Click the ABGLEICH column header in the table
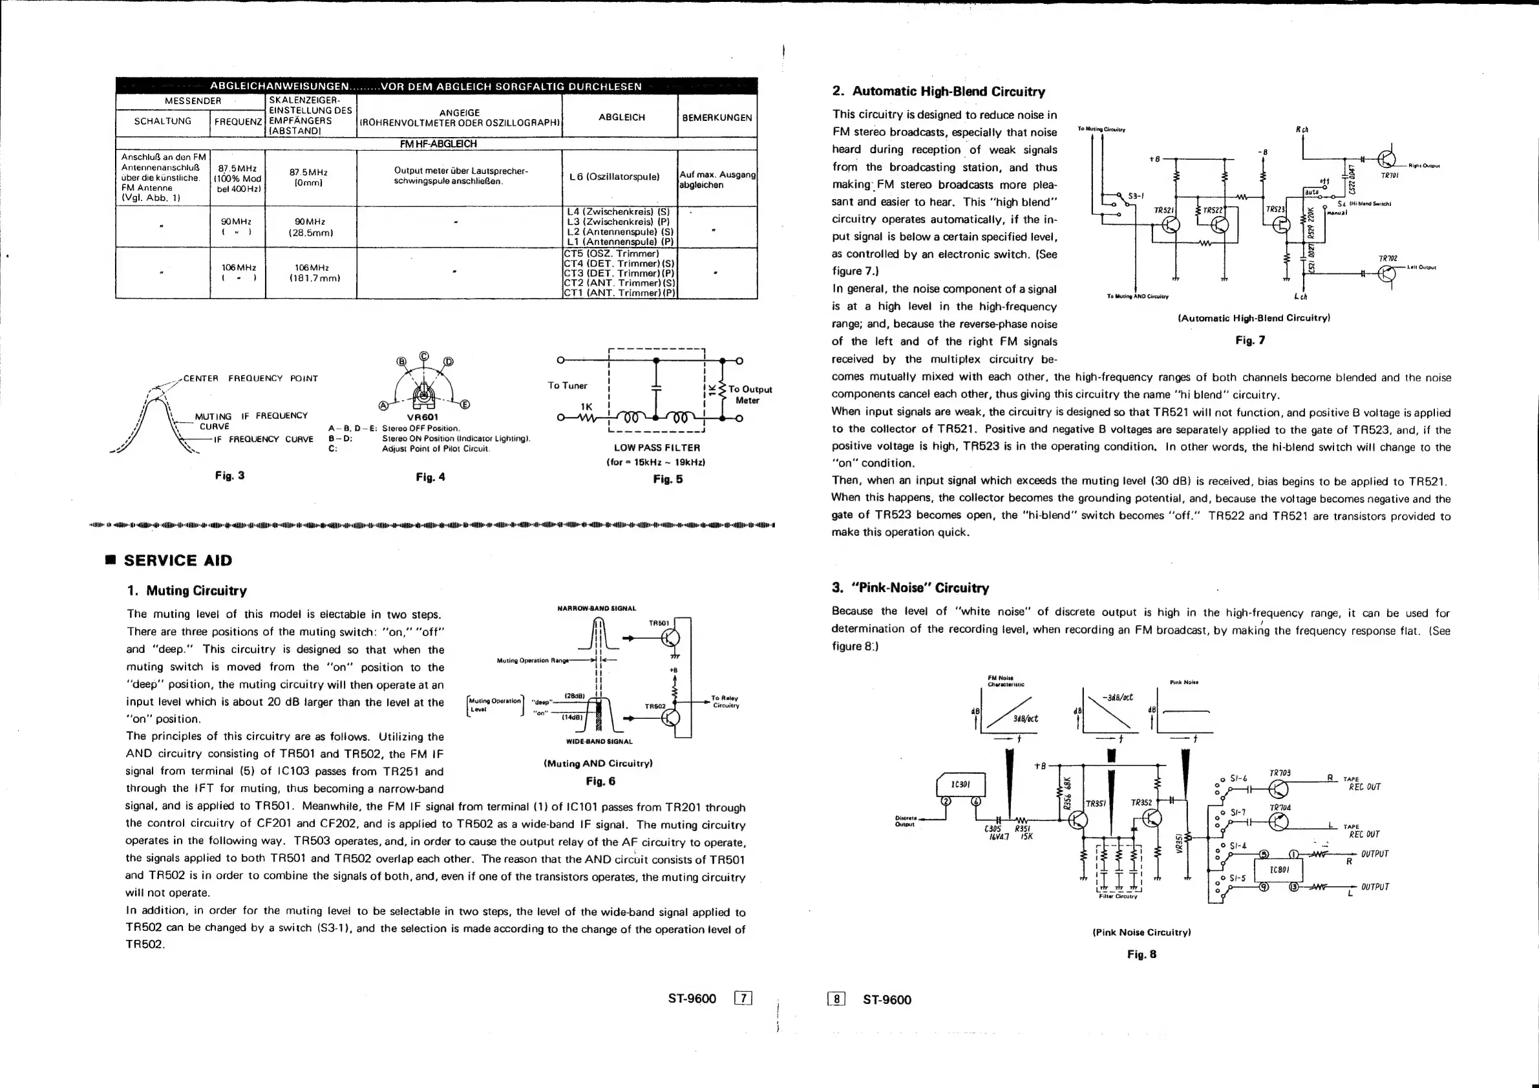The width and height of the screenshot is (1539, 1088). point(621,117)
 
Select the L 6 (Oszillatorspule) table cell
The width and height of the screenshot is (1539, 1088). point(614,177)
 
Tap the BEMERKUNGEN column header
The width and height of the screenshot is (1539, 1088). point(717,117)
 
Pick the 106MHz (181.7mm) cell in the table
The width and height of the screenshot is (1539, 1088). point(310,273)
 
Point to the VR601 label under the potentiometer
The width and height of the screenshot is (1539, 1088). point(423,417)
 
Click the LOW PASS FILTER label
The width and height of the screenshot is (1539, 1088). point(656,448)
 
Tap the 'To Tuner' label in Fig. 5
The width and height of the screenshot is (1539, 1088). point(567,385)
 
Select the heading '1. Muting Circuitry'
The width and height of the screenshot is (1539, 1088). point(186,591)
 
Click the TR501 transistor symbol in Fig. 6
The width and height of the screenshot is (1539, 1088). point(670,638)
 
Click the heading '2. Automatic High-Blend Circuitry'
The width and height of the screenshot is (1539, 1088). point(939,92)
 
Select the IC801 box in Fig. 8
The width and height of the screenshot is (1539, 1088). point(1285,870)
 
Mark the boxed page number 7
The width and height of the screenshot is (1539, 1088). point(743,999)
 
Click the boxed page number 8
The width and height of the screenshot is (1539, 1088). point(837,999)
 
